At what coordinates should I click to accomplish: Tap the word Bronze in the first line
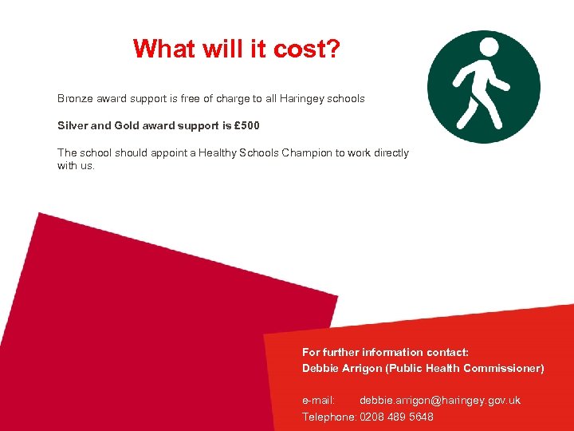pos(76,99)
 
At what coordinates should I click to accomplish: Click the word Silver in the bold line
pos(73,126)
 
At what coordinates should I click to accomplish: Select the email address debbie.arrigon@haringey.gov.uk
pos(439,400)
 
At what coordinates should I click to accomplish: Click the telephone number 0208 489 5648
pos(396,417)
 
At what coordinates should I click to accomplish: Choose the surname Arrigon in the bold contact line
pos(362,368)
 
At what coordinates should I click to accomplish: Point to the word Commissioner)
pos(503,368)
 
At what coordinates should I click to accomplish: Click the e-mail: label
pos(318,400)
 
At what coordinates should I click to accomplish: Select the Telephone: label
pos(328,417)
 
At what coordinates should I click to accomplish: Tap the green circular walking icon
pos(483,86)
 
